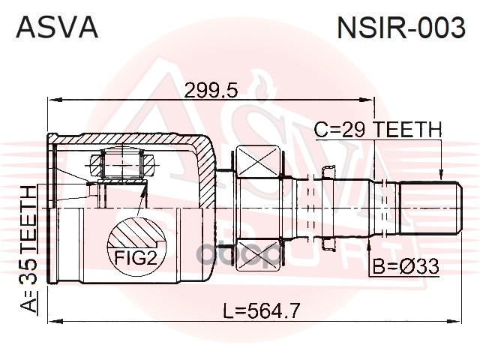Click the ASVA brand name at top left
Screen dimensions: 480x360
[x=57, y=27]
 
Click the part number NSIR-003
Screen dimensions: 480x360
[x=401, y=27]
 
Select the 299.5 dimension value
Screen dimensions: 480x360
[x=211, y=90]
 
